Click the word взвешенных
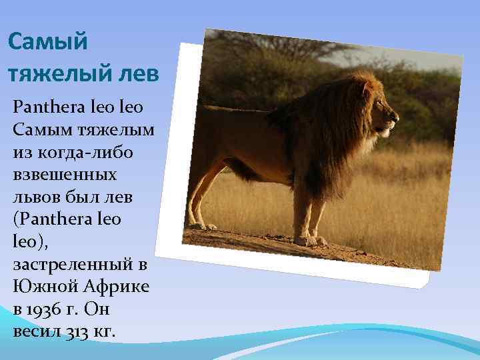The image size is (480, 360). (x=64, y=175)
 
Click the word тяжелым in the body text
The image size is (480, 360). (x=114, y=129)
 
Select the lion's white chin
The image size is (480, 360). (x=385, y=133)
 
